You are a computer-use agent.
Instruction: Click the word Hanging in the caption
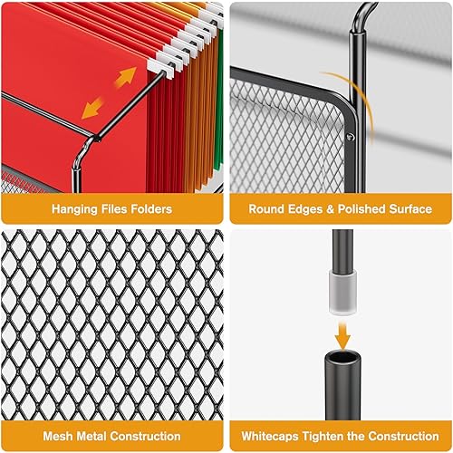(x=74, y=209)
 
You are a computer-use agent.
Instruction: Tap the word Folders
(x=149, y=209)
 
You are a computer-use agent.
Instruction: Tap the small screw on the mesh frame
(x=350, y=137)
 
